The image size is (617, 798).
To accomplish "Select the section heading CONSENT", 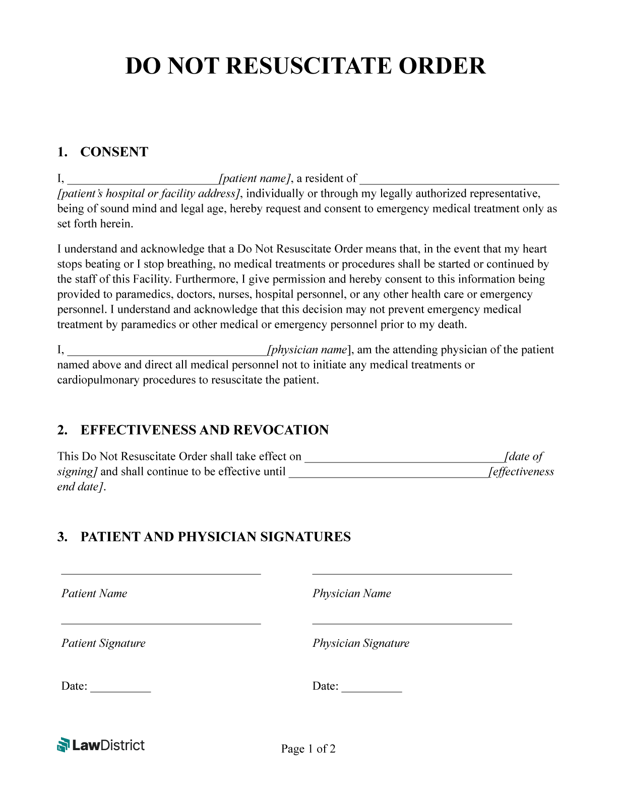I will coord(114,152).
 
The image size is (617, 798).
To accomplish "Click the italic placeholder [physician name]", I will coord(309,350).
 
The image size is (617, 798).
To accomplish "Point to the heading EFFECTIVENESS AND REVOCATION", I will coord(204,430).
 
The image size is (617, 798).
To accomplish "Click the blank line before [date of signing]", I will coord(404,459).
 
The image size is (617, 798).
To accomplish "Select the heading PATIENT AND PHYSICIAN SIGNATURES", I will coord(215,537).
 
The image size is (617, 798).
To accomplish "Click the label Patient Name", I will coord(94,593).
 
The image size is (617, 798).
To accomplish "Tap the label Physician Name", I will coord(351,593).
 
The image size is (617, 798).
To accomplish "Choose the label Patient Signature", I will coord(103,643).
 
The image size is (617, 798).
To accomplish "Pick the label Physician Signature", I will coord(360,643).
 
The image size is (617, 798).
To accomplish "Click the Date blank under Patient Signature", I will coord(120,689).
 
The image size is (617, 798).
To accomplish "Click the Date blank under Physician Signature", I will coord(372,689).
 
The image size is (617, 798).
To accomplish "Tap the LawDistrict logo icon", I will coord(63,745).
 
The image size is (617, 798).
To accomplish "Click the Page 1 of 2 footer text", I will coord(308,749).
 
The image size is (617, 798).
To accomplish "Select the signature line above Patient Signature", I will coord(161,624).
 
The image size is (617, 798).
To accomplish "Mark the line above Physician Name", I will coord(412,574).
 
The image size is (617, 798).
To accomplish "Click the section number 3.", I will coord(62,537).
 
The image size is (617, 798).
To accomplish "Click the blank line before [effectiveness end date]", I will coord(388,475).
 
